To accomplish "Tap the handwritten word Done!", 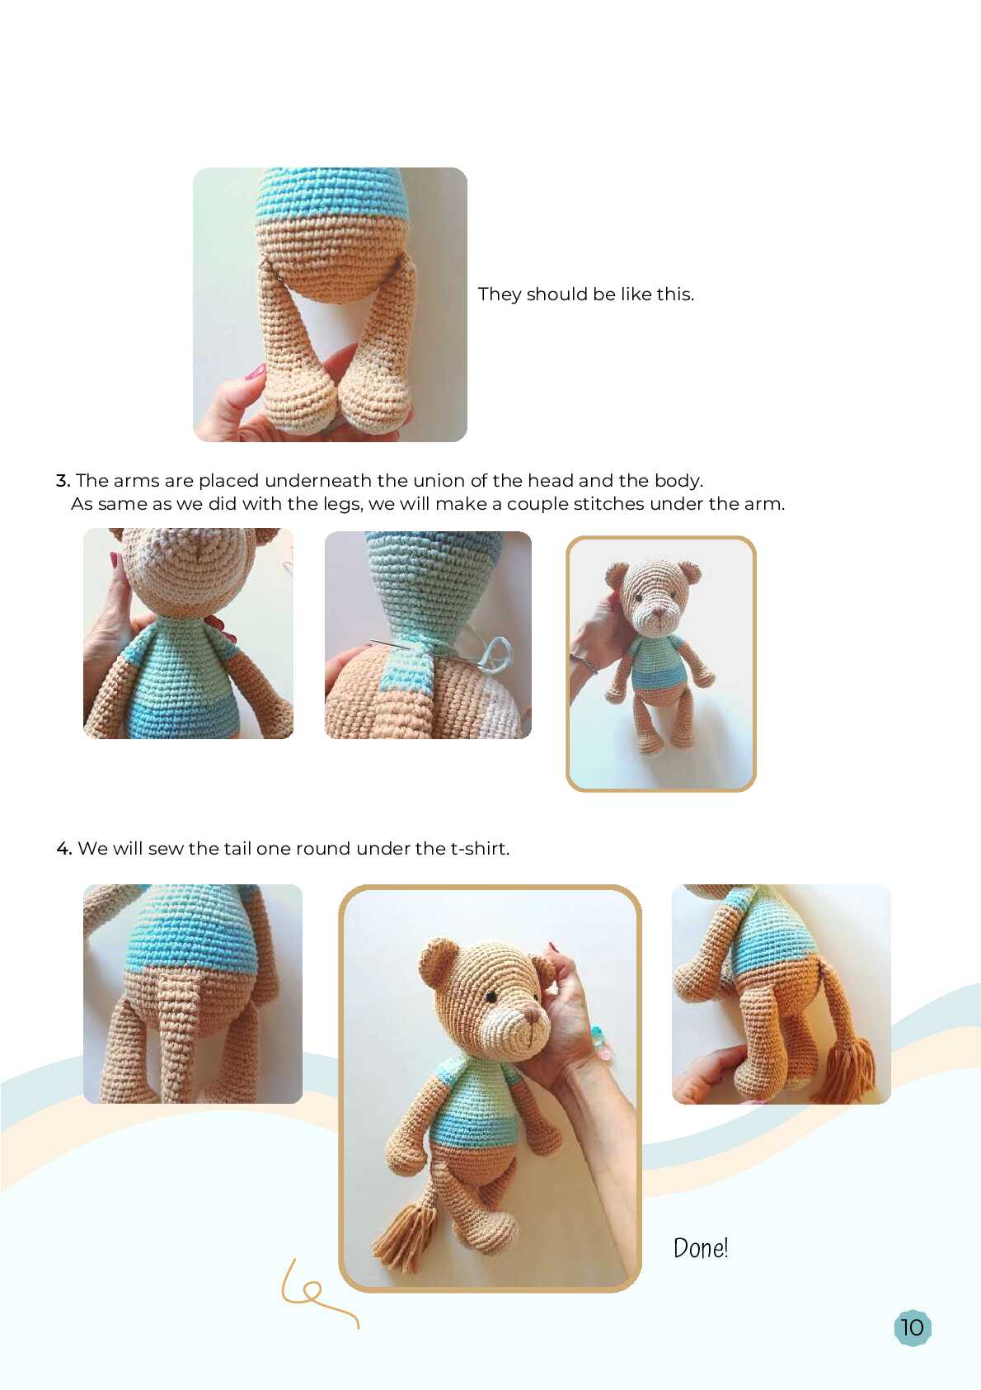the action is (x=701, y=1247).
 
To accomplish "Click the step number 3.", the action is (x=63, y=480).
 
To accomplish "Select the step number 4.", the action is (x=63, y=848).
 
